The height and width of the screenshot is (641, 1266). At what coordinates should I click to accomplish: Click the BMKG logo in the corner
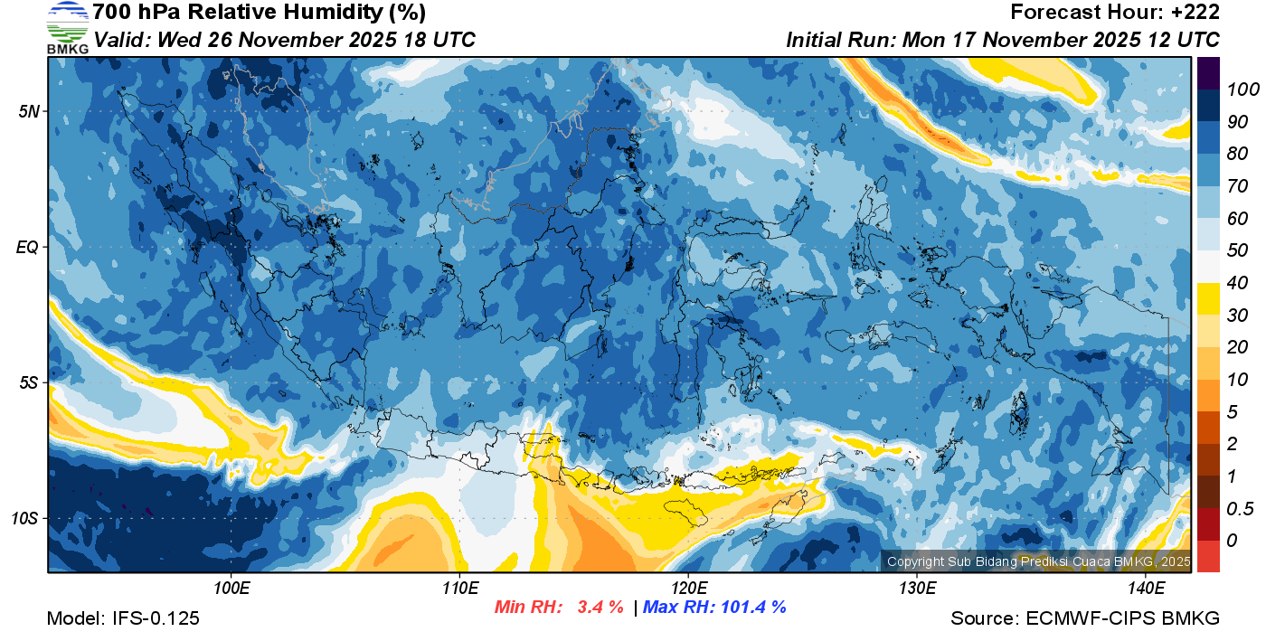coord(67,27)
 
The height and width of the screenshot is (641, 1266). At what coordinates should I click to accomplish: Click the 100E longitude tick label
coord(231,589)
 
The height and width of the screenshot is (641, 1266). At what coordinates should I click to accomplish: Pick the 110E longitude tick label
coord(459,589)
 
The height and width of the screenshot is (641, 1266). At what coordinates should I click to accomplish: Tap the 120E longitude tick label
coord(688,589)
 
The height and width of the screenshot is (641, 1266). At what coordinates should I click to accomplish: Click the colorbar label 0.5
coord(1238,508)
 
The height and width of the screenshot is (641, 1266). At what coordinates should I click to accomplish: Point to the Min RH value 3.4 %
coord(600,608)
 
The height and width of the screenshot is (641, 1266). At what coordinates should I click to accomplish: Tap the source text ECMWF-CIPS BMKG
coord(1122,618)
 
